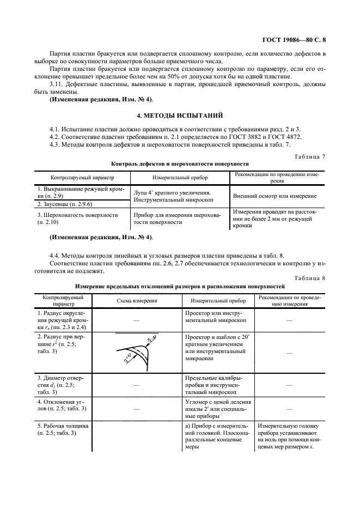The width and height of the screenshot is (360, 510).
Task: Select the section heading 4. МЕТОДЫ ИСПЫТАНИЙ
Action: pos(180,116)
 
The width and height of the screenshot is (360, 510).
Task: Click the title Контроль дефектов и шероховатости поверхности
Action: pos(180,163)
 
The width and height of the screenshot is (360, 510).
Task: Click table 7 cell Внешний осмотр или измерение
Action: pos(274,195)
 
